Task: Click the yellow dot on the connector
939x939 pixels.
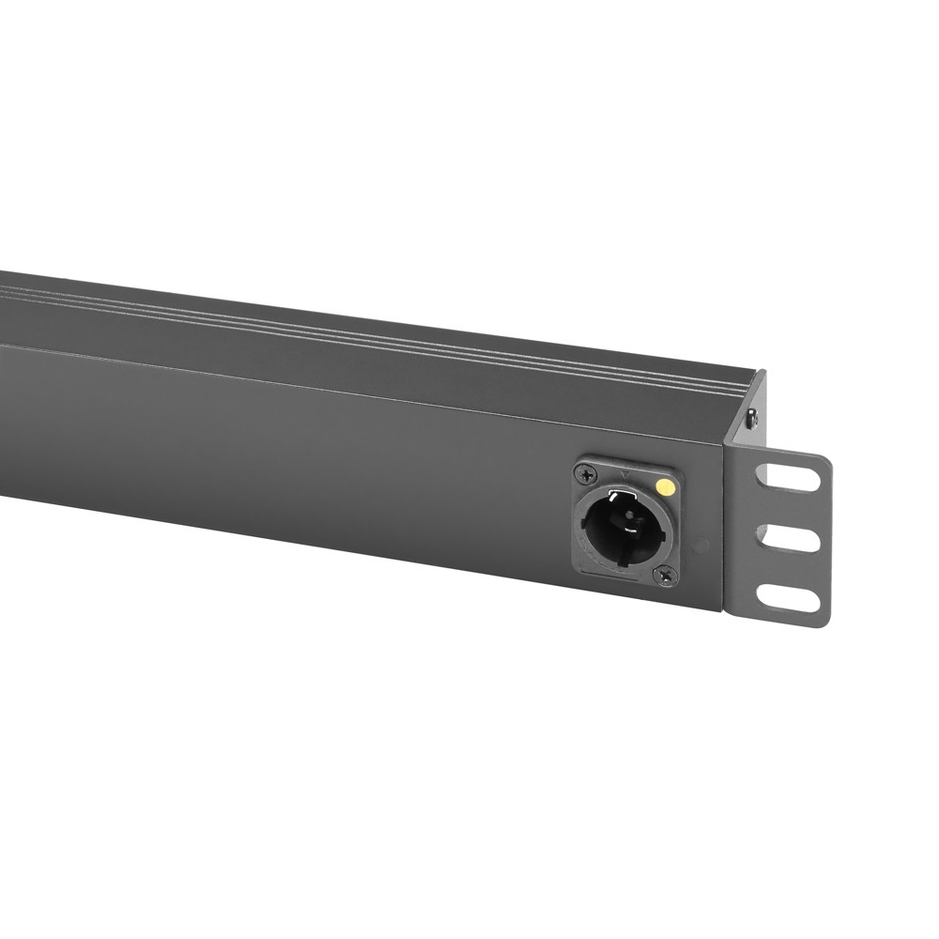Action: coord(665,486)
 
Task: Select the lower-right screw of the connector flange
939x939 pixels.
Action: coord(668,572)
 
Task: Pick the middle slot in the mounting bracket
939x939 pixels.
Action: coord(787,538)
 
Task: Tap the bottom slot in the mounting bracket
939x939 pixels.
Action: coord(787,597)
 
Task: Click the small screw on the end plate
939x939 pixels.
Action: coord(751,421)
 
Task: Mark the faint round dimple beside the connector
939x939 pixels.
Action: coord(699,545)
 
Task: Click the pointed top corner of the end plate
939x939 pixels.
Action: coord(762,373)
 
